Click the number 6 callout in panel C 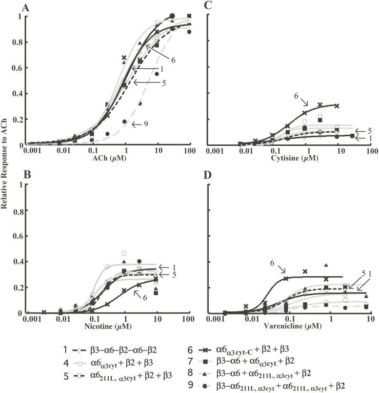[296, 95]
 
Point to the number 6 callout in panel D [272, 263]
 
